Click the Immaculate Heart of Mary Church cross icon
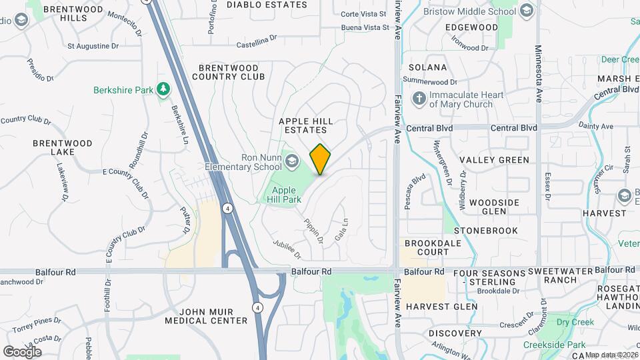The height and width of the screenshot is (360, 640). click(419, 99)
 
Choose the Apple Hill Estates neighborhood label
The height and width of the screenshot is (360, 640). click(305, 125)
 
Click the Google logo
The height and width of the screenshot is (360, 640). click(22, 351)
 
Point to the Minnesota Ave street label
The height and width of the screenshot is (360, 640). click(538, 73)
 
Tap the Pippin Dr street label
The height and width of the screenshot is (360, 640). click(313, 231)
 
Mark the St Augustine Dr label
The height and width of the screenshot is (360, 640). click(93, 46)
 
